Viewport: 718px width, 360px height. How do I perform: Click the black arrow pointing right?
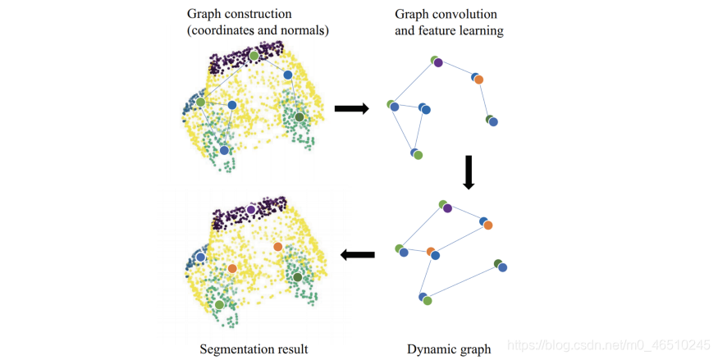(352, 108)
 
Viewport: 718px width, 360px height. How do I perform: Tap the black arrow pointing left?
(357, 256)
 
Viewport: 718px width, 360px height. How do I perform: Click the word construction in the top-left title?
(261, 14)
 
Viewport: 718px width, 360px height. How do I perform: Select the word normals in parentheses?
(304, 30)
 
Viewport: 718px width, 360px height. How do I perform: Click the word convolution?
(468, 15)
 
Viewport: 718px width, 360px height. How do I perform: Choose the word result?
(291, 349)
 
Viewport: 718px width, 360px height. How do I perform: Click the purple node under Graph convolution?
(438, 62)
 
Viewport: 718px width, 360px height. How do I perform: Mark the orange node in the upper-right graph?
(478, 80)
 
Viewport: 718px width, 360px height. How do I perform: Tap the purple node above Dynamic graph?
(447, 208)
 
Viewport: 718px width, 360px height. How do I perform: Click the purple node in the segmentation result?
(251, 210)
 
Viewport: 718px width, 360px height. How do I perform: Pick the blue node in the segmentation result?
(200, 257)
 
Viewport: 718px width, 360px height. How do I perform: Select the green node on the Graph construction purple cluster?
(254, 55)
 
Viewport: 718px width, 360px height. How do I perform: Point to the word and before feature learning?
(405, 31)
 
